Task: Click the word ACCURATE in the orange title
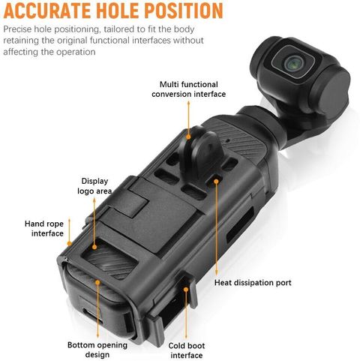(47, 11)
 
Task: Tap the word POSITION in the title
(184, 11)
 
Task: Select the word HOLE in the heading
(118, 11)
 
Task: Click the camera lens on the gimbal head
(293, 63)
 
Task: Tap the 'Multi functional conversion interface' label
(188, 89)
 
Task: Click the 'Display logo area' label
(94, 186)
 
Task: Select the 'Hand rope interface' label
(44, 228)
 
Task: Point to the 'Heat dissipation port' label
(253, 283)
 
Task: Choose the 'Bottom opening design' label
(97, 350)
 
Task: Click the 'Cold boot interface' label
(187, 350)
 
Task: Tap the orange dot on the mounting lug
(188, 137)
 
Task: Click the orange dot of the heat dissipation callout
(216, 181)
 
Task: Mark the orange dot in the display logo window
(94, 247)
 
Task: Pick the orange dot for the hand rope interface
(69, 243)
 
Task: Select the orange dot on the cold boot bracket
(185, 290)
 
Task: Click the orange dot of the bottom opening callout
(97, 282)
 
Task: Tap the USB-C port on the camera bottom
(92, 315)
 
